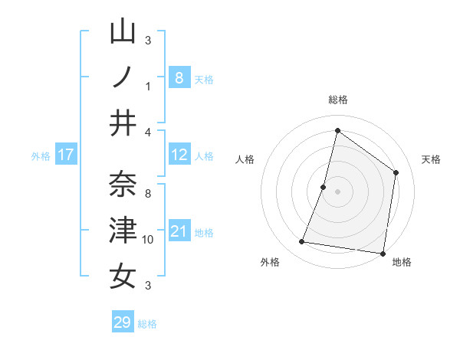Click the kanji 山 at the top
pyautogui.click(x=123, y=31)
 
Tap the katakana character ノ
pyautogui.click(x=123, y=77)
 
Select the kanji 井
pyautogui.click(x=123, y=123)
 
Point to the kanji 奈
pyautogui.click(x=123, y=185)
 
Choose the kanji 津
pyautogui.click(x=123, y=230)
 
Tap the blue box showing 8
pyautogui.click(x=179, y=77)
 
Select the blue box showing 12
pyautogui.click(x=179, y=155)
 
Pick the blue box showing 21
pyautogui.click(x=179, y=231)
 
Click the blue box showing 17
pyautogui.click(x=65, y=155)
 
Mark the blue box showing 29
pyautogui.click(x=123, y=322)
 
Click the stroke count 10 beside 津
pyautogui.click(x=148, y=240)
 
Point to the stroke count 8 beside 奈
pyautogui.click(x=148, y=194)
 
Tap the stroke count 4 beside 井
pyautogui.click(x=148, y=133)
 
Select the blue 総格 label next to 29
pyautogui.click(x=148, y=324)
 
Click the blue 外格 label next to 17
pyautogui.click(x=41, y=156)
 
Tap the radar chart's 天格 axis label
pyautogui.click(x=432, y=159)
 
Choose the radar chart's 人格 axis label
pyautogui.click(x=245, y=159)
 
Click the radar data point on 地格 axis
pyautogui.click(x=383, y=253)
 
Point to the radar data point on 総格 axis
pyautogui.click(x=337, y=130)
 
